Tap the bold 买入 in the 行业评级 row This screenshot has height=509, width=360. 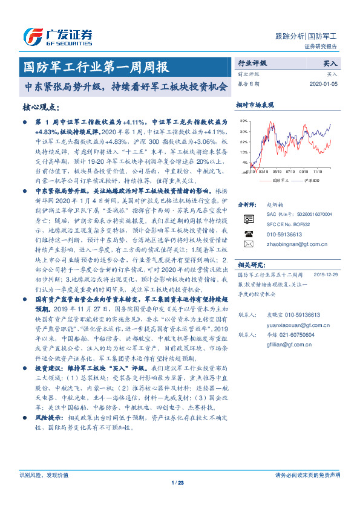(330, 63)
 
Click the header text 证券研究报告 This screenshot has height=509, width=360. (324, 47)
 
